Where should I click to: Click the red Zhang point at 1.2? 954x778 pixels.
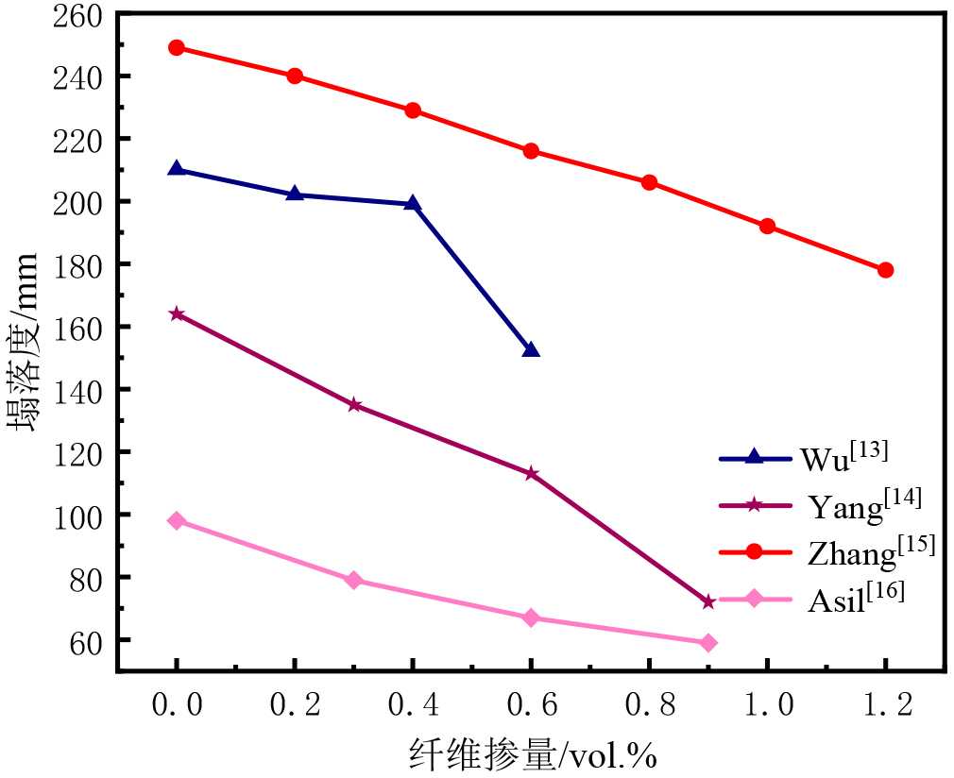tap(885, 270)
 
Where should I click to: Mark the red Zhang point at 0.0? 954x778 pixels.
tap(177, 47)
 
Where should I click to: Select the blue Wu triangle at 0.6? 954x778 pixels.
tap(531, 350)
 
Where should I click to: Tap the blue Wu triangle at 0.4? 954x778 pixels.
tap(413, 203)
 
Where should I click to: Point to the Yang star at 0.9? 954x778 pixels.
tap(708, 601)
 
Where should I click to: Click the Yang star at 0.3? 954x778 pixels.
tap(354, 405)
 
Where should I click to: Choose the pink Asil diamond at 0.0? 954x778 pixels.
tap(177, 520)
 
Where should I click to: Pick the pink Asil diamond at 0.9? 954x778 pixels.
tap(708, 643)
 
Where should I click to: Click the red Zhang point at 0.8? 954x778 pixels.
tap(649, 182)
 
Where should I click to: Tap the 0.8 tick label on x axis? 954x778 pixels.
tap(649, 705)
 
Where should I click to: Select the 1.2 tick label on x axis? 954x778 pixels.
tap(885, 705)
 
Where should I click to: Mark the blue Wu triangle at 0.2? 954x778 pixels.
tap(295, 194)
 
